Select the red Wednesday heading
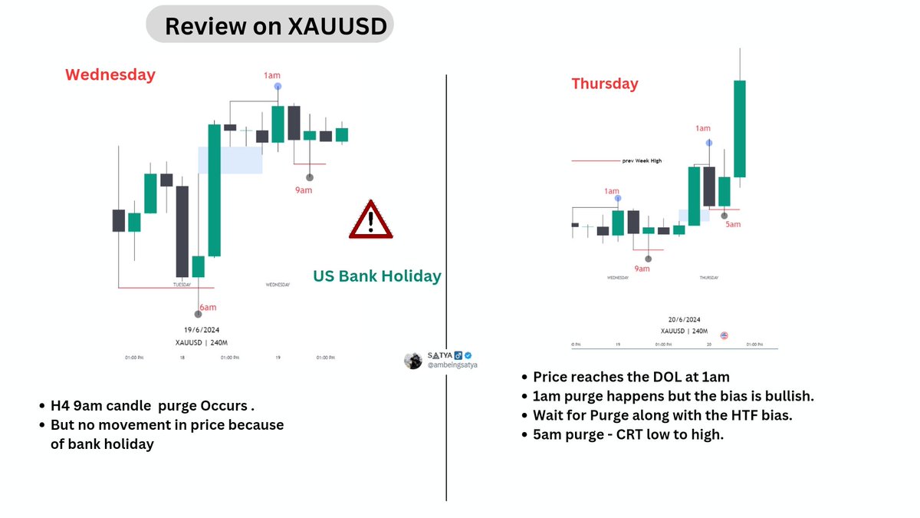pyautogui.click(x=110, y=74)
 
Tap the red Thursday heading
pyautogui.click(x=605, y=84)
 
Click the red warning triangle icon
pyautogui.click(x=370, y=220)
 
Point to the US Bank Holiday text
pyautogui.click(x=377, y=276)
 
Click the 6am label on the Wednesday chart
pyautogui.click(x=207, y=308)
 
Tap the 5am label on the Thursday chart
pyautogui.click(x=734, y=225)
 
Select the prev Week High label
pyautogui.click(x=642, y=161)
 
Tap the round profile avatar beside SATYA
pyautogui.click(x=413, y=361)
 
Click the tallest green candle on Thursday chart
pyautogui.click(x=740, y=128)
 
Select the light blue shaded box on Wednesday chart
pyautogui.click(x=230, y=160)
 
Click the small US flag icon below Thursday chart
pyautogui.click(x=724, y=336)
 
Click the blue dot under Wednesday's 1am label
pyautogui.click(x=278, y=87)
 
